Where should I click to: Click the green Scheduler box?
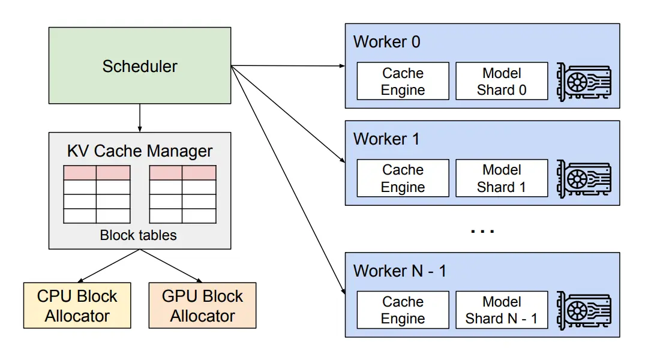(x=140, y=66)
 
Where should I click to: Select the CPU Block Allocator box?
(x=77, y=305)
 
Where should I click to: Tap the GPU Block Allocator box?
(x=202, y=305)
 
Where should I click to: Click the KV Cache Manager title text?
(x=140, y=151)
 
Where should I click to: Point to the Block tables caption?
(x=139, y=235)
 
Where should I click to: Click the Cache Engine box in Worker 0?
(x=403, y=81)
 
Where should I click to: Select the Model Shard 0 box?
(x=502, y=81)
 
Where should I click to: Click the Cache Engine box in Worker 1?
(x=403, y=178)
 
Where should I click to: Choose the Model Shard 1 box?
(x=502, y=178)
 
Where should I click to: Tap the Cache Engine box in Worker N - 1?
(x=403, y=310)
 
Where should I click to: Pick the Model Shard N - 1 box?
(x=502, y=310)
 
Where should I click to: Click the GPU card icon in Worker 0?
(x=583, y=81)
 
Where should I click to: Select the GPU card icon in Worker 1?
(x=583, y=178)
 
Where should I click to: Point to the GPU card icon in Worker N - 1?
(x=583, y=310)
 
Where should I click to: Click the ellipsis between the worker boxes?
(x=482, y=230)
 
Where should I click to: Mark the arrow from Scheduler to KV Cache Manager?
(x=140, y=118)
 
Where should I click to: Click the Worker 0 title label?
(x=387, y=42)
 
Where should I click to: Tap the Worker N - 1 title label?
(x=400, y=271)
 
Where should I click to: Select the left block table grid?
(x=97, y=194)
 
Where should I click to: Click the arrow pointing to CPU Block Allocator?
(x=109, y=265)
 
